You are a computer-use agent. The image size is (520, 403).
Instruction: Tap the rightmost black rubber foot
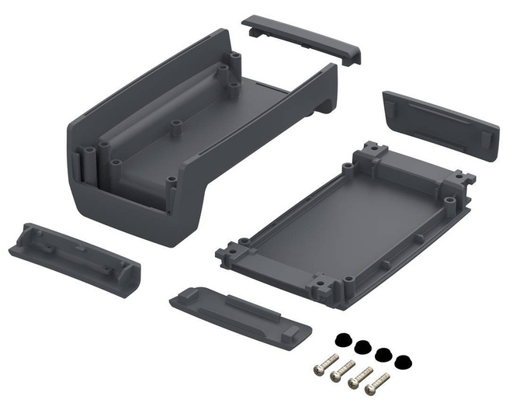[x=401, y=362]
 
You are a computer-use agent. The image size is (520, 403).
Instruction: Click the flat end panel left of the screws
[x=240, y=311]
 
